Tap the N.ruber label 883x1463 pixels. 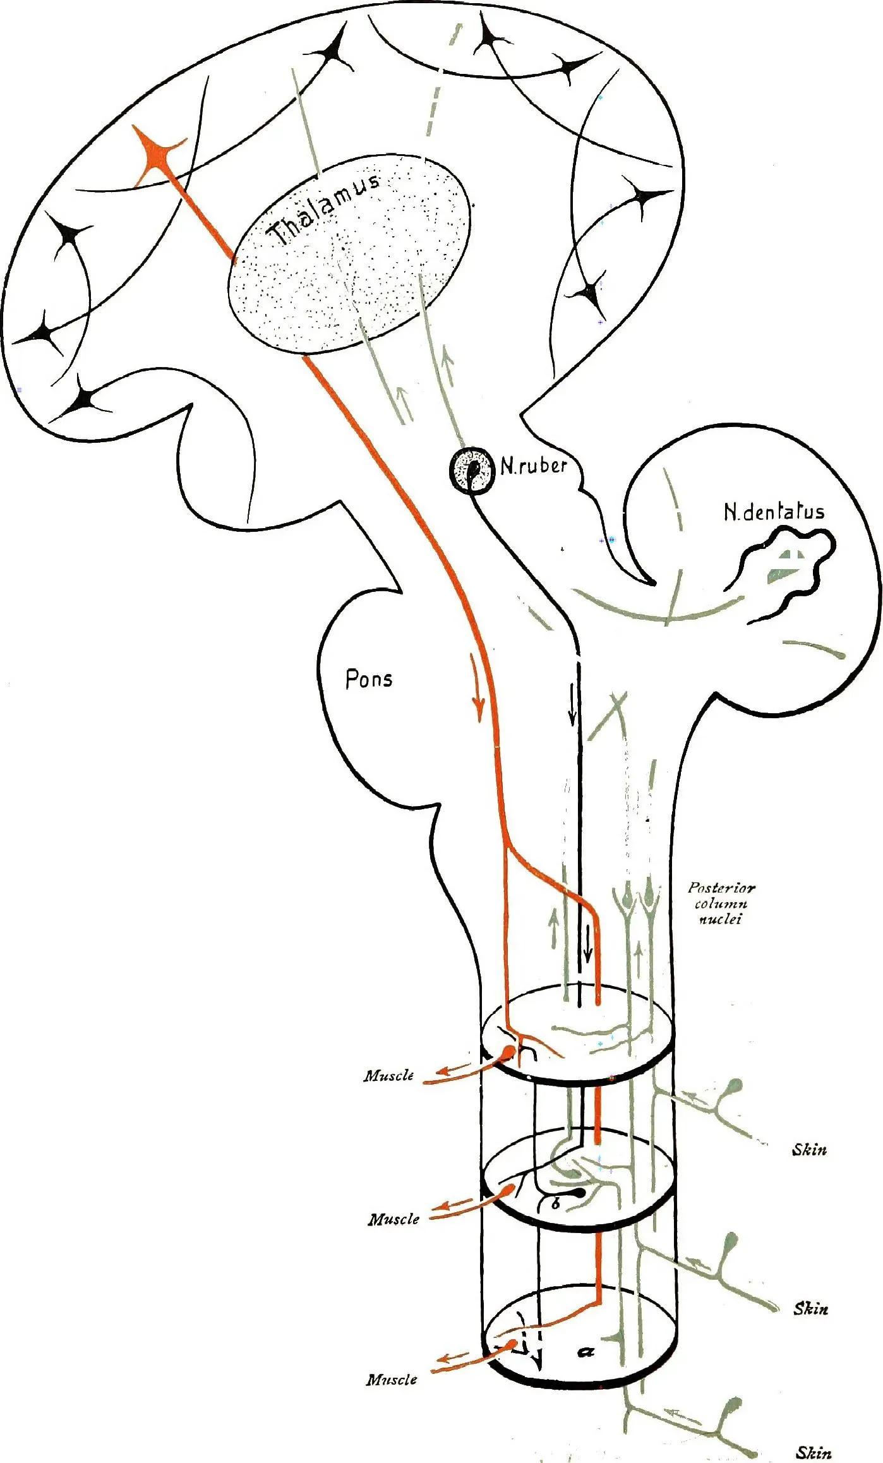(534, 466)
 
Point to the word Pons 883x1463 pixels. (369, 679)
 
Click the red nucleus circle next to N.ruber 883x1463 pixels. (472, 469)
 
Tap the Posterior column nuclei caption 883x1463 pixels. (721, 904)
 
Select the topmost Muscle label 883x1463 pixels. (388, 1076)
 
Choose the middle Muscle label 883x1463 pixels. (393, 1219)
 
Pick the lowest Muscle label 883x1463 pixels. (392, 1380)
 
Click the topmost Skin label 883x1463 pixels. (809, 1150)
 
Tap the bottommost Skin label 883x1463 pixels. (814, 1453)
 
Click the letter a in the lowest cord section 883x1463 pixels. (586, 1351)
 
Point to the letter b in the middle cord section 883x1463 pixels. (556, 1204)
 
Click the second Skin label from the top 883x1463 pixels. (810, 1308)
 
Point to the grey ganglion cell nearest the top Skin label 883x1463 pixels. (735, 1087)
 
